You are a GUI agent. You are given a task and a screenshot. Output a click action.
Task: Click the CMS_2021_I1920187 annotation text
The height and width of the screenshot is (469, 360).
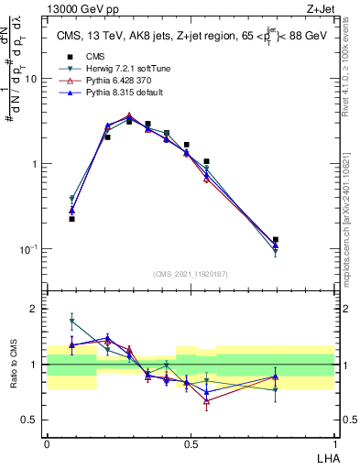[190, 273]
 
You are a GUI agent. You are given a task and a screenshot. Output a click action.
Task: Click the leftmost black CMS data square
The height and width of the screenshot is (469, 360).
[71, 219]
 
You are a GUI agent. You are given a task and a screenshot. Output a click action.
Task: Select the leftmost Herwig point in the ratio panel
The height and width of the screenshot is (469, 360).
[71, 321]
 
